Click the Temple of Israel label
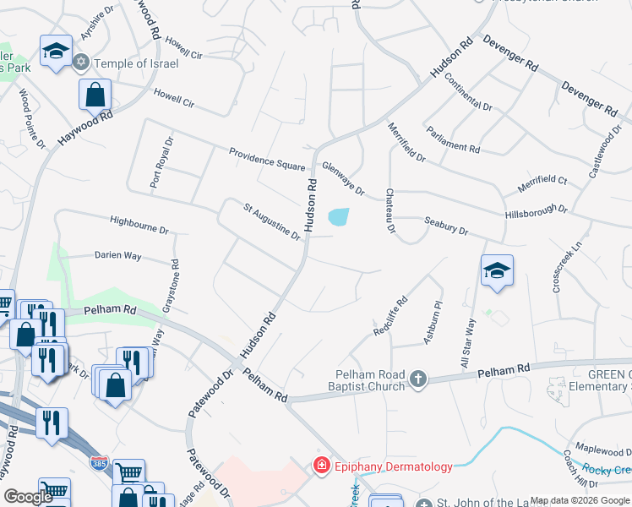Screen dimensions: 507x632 click(x=136, y=63)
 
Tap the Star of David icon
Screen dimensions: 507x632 click(x=82, y=63)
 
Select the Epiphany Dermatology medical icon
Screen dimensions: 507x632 click(x=320, y=466)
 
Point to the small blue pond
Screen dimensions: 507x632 click(x=339, y=217)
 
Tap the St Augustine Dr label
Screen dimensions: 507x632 click(x=272, y=220)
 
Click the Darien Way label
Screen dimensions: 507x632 click(x=117, y=255)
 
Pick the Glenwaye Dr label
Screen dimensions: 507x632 click(x=342, y=178)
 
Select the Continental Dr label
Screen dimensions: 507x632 click(x=467, y=94)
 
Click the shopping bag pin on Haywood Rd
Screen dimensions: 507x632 click(x=95, y=95)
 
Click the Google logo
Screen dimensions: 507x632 click(x=28, y=497)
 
